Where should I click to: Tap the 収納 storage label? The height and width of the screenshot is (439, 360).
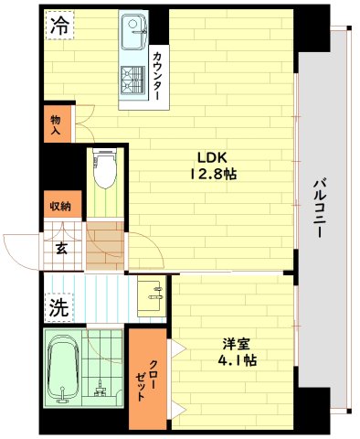pyautogui.click(x=60, y=206)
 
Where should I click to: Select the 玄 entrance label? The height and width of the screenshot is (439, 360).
pyautogui.click(x=60, y=246)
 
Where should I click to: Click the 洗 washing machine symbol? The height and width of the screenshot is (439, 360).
pyautogui.click(x=58, y=308)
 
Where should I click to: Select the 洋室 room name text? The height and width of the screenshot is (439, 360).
pyautogui.click(x=237, y=343)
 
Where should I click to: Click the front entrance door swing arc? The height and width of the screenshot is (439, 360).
pyautogui.click(x=20, y=249)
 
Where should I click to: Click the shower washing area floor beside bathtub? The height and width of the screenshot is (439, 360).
pyautogui.click(x=106, y=366)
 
